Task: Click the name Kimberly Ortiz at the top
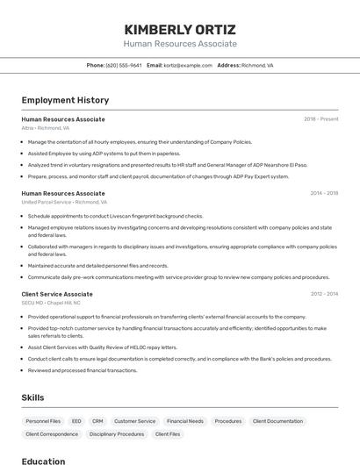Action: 180,29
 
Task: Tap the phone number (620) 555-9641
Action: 124,65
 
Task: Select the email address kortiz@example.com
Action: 188,65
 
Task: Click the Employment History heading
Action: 65,100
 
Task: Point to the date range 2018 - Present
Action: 320,118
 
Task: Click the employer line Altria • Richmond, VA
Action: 46,128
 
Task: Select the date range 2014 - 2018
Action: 324,193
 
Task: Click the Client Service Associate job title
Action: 57,294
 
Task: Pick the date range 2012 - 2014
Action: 324,294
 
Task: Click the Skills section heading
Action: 32,397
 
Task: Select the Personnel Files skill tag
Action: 43,421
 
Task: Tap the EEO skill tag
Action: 76,421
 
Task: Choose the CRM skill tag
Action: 97,421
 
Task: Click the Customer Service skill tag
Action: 134,421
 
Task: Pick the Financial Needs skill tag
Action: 184,421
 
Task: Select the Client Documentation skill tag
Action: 277,421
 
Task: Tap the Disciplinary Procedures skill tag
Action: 117,434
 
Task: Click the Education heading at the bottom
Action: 44,461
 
